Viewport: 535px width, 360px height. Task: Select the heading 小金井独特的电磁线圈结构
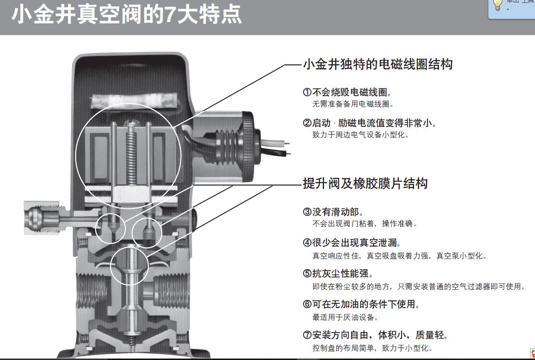(378, 64)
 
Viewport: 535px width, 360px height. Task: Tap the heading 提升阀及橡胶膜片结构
(365, 184)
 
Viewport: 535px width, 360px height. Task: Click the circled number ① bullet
(307, 92)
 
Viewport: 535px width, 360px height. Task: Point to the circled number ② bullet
(307, 123)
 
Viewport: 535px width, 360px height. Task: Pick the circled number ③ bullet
(307, 212)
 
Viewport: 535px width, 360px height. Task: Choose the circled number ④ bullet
(307, 243)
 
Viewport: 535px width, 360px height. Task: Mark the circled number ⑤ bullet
(307, 273)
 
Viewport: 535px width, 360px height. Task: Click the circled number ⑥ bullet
(307, 304)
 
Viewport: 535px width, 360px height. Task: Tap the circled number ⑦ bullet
(307, 335)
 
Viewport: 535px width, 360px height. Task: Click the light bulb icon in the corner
(498, 5)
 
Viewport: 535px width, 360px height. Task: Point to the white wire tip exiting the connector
(288, 143)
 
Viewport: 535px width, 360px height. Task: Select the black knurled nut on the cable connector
(248, 146)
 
